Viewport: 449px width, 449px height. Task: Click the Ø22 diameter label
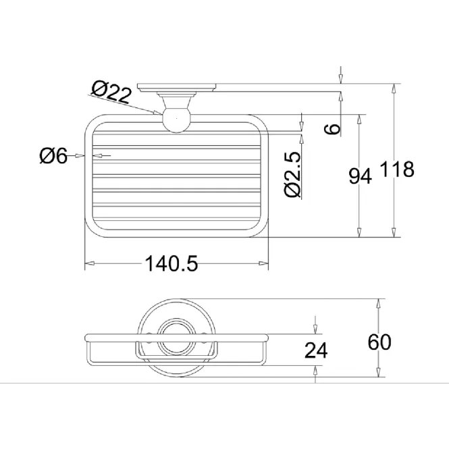point(111,92)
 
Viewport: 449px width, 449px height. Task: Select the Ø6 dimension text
point(53,156)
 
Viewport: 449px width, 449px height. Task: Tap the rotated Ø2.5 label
point(293,174)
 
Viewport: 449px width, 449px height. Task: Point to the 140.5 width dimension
point(171,264)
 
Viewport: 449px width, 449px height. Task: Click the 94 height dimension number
point(360,176)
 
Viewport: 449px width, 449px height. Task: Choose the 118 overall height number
point(397,169)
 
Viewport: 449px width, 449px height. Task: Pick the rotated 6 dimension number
point(332,129)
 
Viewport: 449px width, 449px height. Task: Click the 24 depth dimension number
point(316,350)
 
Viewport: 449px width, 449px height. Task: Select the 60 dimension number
point(379,342)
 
